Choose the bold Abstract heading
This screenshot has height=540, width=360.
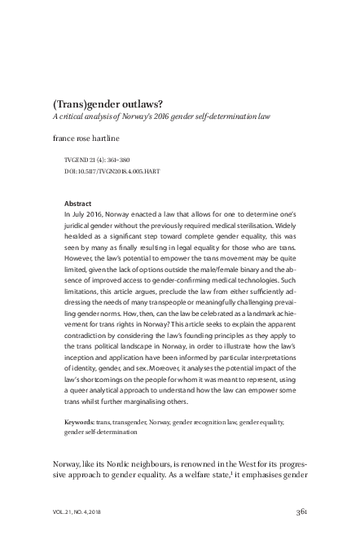[78, 202]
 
